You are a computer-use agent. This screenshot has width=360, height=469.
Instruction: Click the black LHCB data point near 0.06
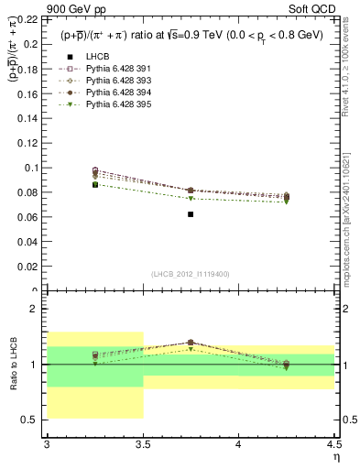point(191,214)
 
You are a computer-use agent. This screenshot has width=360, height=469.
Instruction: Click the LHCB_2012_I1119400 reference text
point(191,274)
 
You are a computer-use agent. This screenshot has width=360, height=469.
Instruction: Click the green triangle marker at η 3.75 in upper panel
point(191,199)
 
